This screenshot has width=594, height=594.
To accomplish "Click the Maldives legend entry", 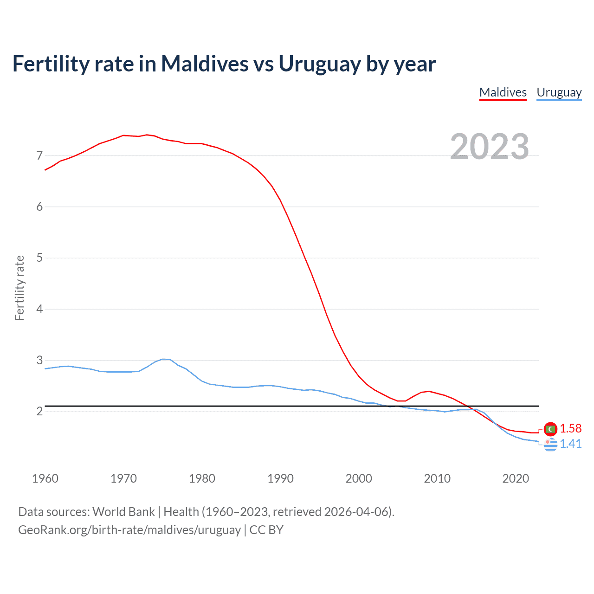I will (x=503, y=92).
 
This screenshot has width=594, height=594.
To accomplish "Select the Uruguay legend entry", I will (x=559, y=92).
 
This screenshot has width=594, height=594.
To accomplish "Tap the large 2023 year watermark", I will (x=489, y=147).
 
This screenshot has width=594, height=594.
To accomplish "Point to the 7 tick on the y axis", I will (x=39, y=155).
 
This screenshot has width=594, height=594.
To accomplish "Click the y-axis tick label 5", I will (x=39, y=258).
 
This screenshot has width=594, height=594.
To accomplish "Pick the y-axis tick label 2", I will (x=39, y=412).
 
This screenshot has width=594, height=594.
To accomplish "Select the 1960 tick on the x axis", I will (x=45, y=478).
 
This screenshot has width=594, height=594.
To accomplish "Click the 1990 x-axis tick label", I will (x=280, y=478).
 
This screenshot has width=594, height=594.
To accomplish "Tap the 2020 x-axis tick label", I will (x=516, y=478).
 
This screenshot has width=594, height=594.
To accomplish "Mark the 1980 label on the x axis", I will (x=202, y=478).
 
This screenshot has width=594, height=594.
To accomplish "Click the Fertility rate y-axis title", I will (x=19, y=288).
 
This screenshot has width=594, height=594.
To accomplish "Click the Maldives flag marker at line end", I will (x=550, y=429).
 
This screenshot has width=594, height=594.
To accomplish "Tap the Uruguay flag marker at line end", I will (x=550, y=444).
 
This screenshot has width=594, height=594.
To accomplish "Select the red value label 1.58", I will (x=570, y=428).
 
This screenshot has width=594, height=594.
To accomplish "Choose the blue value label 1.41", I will (x=570, y=444).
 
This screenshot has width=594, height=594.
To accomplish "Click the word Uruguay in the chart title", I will (x=319, y=64).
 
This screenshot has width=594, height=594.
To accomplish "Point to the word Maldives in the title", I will (x=205, y=64).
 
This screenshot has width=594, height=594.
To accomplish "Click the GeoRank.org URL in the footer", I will (x=129, y=530).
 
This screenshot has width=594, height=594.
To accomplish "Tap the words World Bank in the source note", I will (x=123, y=512).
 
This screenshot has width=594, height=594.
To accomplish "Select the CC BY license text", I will (x=266, y=530).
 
